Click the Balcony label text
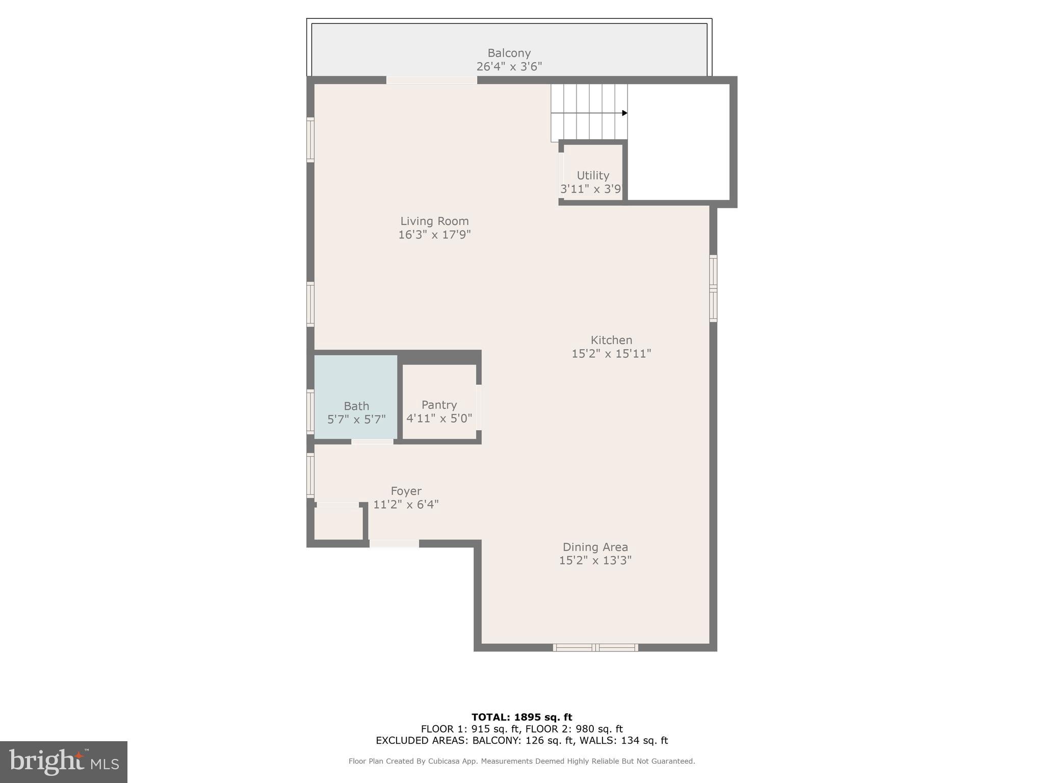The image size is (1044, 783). click(509, 53)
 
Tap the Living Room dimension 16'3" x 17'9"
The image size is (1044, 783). click(434, 235)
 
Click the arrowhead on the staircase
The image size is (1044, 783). click(624, 113)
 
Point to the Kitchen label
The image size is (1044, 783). click(611, 340)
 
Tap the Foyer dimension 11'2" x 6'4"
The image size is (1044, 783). click(406, 505)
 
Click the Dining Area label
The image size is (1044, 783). click(595, 547)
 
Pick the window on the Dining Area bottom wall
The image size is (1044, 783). click(595, 647)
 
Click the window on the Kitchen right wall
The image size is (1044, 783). click(713, 289)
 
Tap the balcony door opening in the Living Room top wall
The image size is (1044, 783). click(431, 80)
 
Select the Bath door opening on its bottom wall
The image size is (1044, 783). click(372, 441)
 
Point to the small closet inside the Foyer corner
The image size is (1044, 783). click(338, 523)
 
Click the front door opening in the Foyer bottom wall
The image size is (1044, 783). click(394, 544)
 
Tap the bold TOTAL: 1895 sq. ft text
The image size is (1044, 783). click(521, 717)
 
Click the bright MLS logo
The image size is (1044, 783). click(64, 762)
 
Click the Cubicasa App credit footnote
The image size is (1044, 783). click(521, 761)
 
